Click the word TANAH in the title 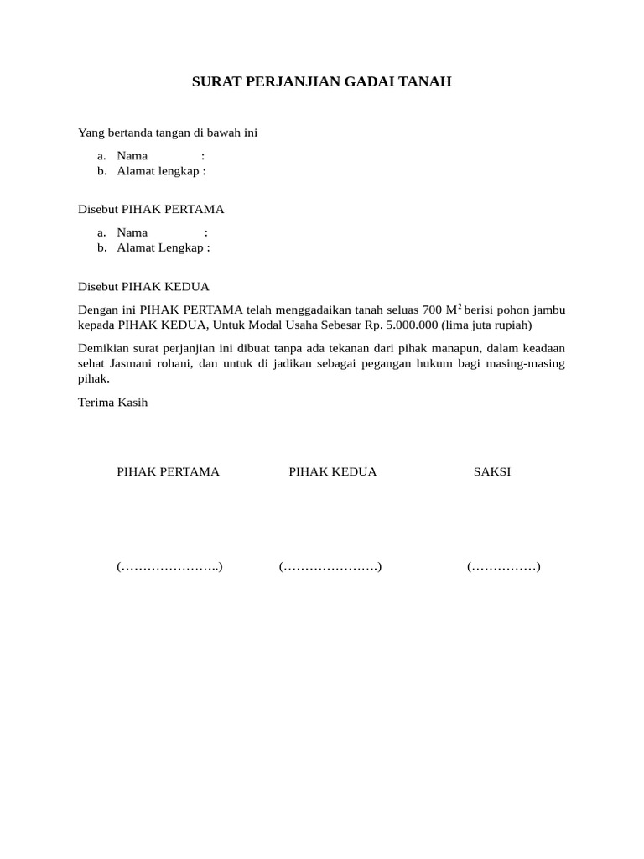pos(428,82)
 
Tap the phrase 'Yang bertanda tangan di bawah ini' pos(167,133)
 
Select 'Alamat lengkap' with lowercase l pos(158,171)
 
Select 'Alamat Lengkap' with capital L pos(160,247)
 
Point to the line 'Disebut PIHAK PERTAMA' pos(151,209)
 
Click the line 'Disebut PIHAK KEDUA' pos(143,286)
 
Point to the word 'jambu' pos(548,310)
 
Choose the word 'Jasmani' pos(132,363)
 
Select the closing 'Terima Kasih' pos(112,403)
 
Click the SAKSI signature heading pos(492,471)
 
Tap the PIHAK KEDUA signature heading pos(333,471)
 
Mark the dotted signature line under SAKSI pos(503,567)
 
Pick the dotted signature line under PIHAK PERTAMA pos(169,567)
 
